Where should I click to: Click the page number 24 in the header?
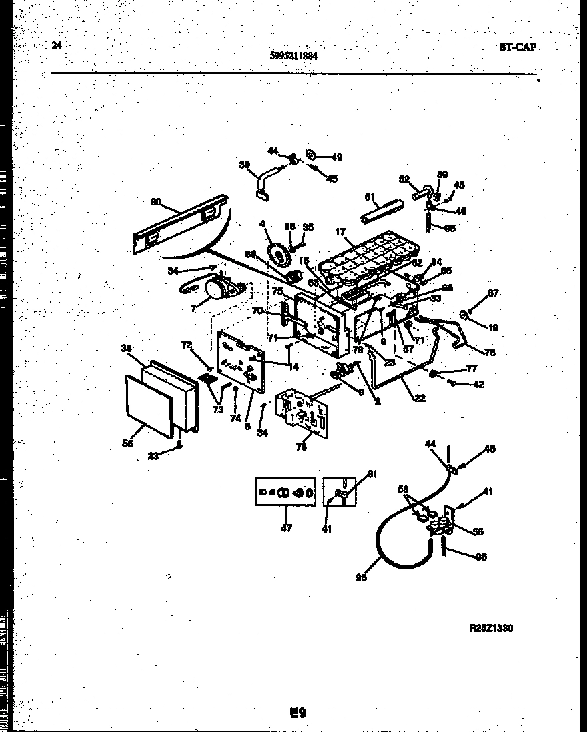pyautogui.click(x=57, y=46)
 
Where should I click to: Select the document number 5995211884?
pyautogui.click(x=293, y=57)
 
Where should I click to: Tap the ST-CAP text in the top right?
pyautogui.click(x=518, y=47)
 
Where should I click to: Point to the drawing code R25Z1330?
pyautogui.click(x=492, y=628)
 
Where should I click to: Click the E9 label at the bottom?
pyautogui.click(x=298, y=713)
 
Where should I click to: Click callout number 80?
pyautogui.click(x=155, y=202)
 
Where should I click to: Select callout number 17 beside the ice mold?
pyautogui.click(x=341, y=233)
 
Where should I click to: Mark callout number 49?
pyautogui.click(x=336, y=157)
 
